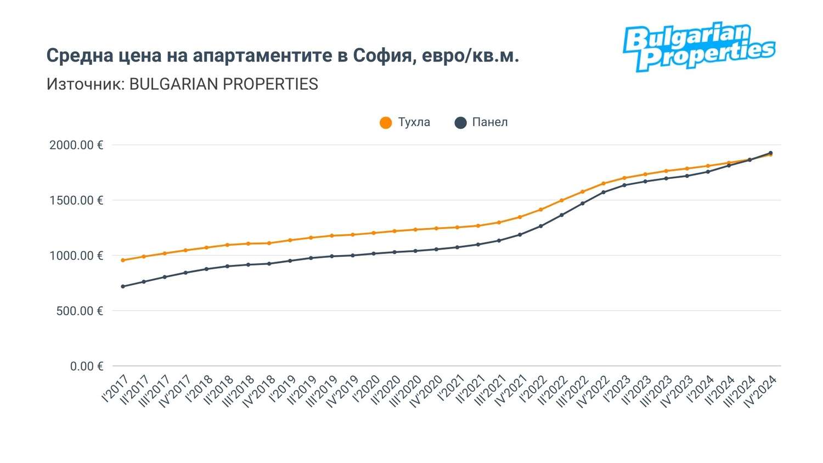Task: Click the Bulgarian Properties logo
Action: [x=698, y=47]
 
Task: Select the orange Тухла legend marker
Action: [x=386, y=123]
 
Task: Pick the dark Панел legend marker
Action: [x=461, y=123]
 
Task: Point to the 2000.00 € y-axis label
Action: [x=76, y=145]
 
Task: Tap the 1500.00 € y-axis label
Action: [x=76, y=201]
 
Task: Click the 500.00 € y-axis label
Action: [x=80, y=311]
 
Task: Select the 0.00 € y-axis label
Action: [x=87, y=366]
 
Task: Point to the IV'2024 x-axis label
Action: [x=760, y=391]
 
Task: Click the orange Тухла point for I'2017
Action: [x=123, y=261]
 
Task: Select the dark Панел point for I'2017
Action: [x=123, y=286]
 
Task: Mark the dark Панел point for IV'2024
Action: [x=770, y=153]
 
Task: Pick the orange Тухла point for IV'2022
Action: [x=604, y=184]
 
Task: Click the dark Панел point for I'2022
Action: [x=541, y=226]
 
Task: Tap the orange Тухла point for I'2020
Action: [x=374, y=233]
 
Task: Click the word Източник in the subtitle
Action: [x=85, y=84]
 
